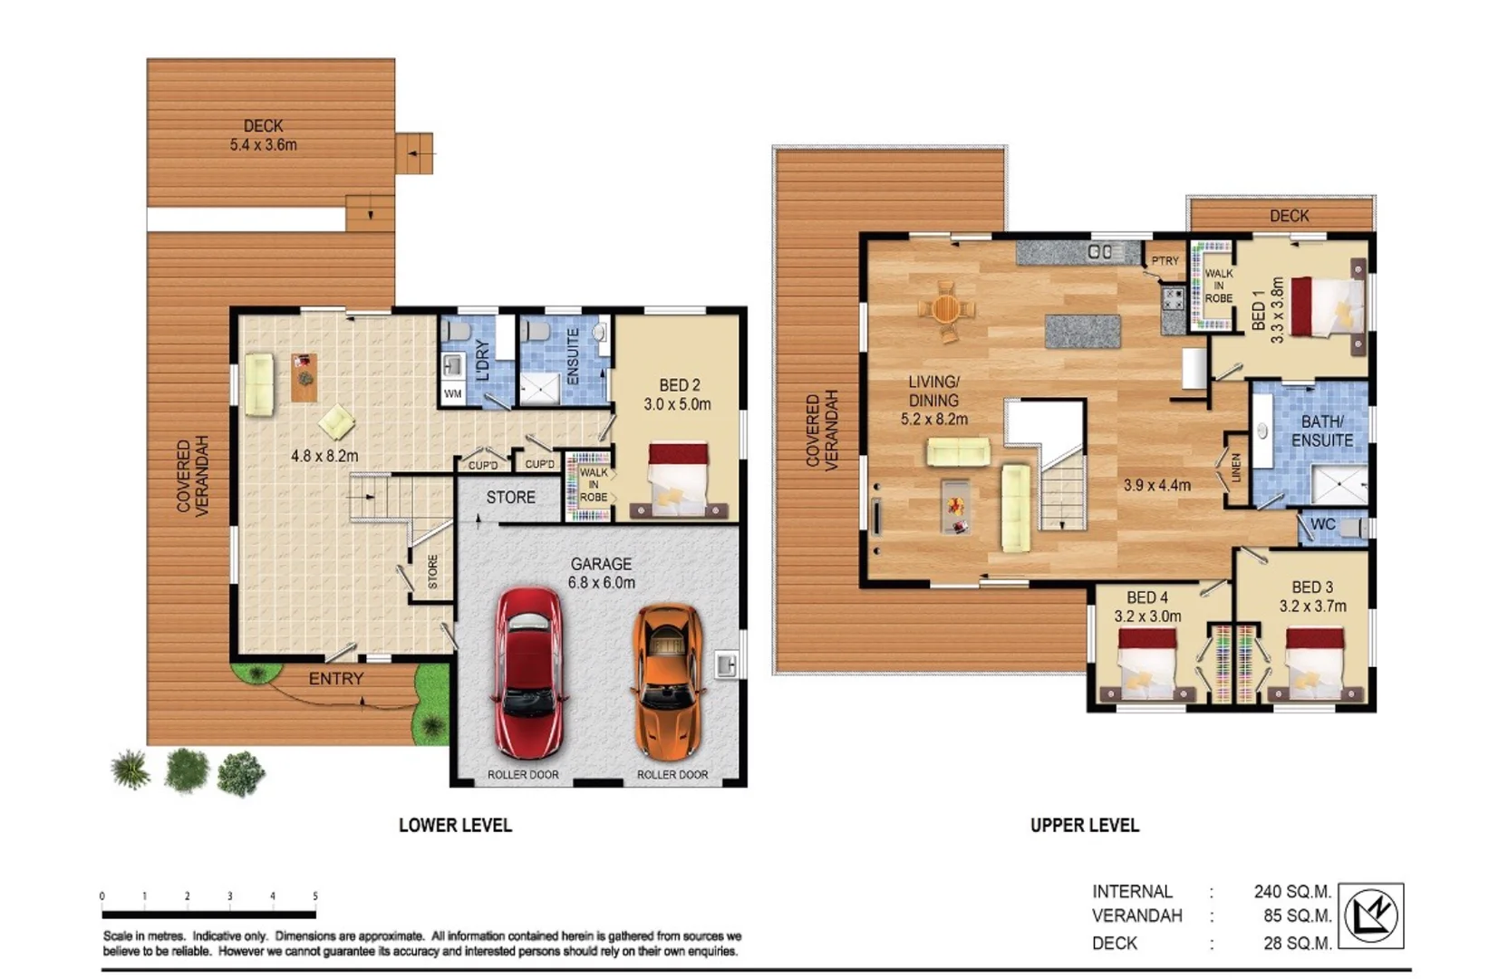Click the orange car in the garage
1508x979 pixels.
click(x=669, y=682)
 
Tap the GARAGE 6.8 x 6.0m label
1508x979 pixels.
click(x=601, y=573)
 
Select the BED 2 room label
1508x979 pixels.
click(x=678, y=394)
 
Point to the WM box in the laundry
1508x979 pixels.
click(x=452, y=394)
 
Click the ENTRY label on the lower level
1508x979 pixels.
click(x=336, y=679)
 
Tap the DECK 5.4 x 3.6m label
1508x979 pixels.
click(x=263, y=135)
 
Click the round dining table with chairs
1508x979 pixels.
click(x=945, y=309)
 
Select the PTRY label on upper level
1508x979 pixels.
click(x=1165, y=261)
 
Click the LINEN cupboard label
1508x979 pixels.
click(x=1236, y=468)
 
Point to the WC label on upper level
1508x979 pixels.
click(x=1322, y=524)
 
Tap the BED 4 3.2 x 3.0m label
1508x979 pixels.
click(x=1147, y=606)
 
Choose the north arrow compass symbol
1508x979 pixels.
click(x=1371, y=916)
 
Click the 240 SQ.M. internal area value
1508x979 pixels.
click(x=1292, y=891)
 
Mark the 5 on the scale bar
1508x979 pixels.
click(x=314, y=897)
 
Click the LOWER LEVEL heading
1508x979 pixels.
click(x=455, y=825)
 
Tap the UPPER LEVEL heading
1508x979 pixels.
click(x=1084, y=825)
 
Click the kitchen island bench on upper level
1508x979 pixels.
click(x=1082, y=331)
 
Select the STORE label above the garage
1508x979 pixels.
click(x=510, y=497)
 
